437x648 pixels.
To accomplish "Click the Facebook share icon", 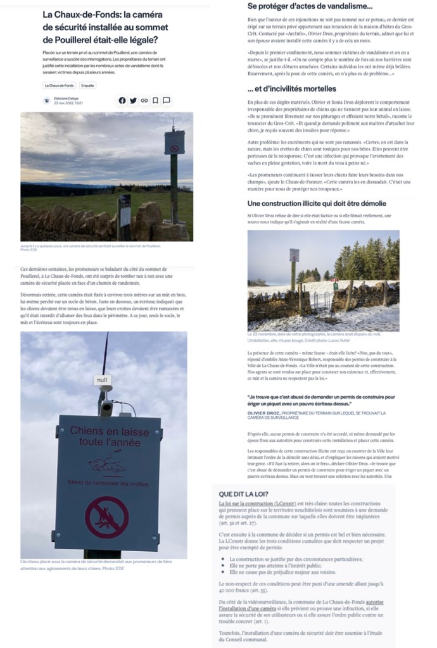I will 122,100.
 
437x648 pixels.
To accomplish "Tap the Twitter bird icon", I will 133,100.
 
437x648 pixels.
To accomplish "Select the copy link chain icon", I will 144,100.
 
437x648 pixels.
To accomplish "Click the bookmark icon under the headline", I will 155,100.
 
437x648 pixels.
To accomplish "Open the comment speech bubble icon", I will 166,100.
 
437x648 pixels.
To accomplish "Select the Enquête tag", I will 87,85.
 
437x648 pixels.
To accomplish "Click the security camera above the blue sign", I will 106,405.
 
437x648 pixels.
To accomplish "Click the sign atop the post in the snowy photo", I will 294,255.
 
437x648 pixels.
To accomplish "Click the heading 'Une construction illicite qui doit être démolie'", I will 317,203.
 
